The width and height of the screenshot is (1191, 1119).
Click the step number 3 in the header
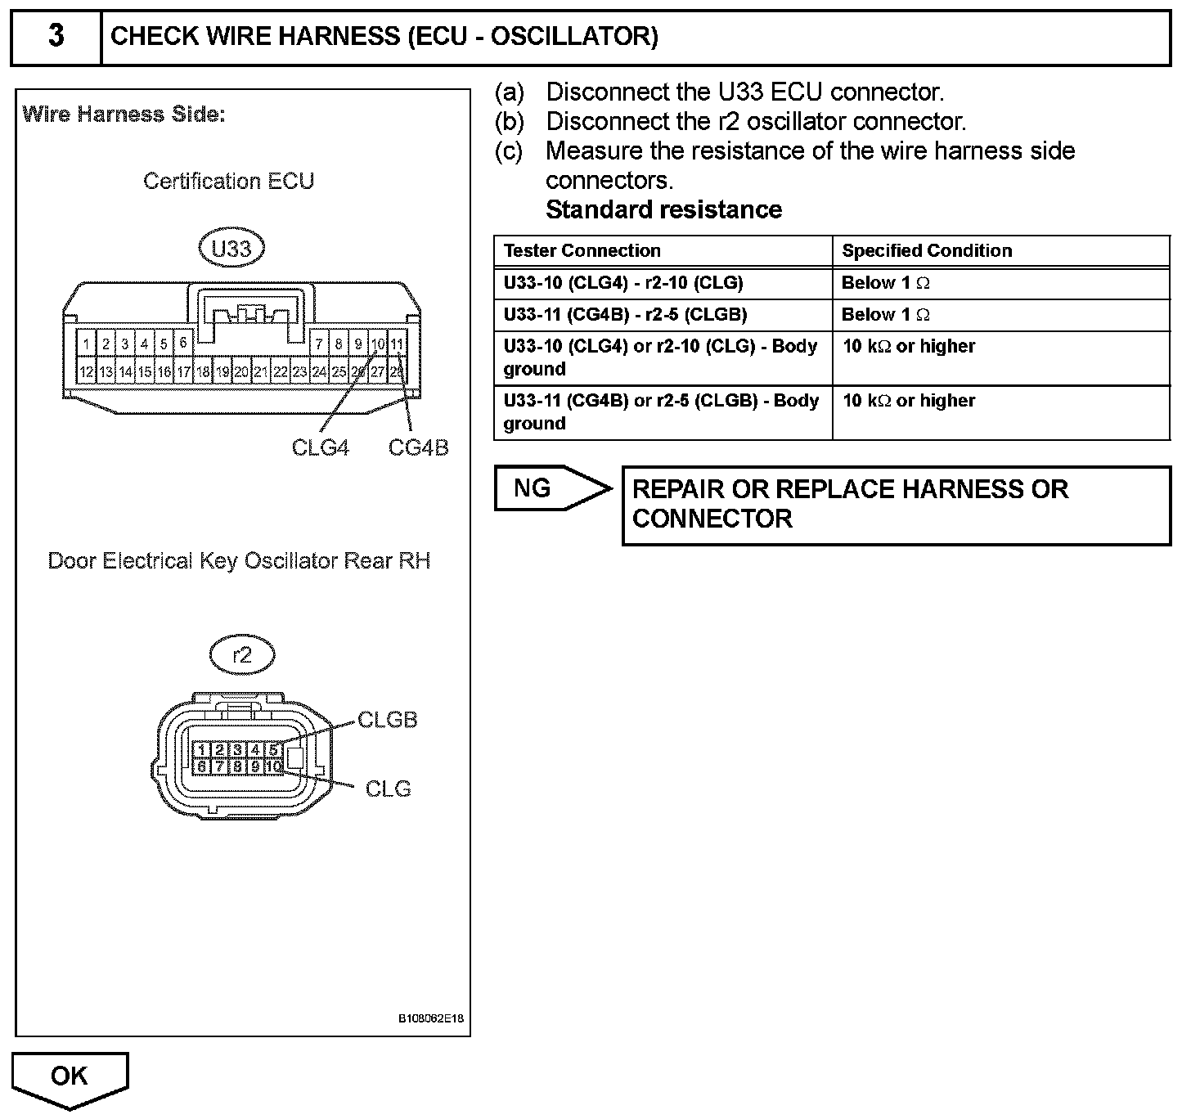(56, 37)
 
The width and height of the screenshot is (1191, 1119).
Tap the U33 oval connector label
(231, 248)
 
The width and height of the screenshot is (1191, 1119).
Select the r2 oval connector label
(242, 654)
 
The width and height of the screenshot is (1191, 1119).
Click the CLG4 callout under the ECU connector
(320, 447)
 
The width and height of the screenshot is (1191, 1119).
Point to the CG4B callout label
(418, 447)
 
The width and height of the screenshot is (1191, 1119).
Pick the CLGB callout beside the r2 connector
(388, 720)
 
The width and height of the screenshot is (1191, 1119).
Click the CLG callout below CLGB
(388, 789)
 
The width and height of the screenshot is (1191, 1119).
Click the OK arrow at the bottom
(70, 1077)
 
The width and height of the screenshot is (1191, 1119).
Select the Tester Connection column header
(582, 250)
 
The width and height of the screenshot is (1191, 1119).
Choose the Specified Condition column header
(927, 250)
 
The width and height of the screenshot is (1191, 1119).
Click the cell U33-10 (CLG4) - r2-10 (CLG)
(623, 283)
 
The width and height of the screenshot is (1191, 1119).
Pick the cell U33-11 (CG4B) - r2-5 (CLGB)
(625, 315)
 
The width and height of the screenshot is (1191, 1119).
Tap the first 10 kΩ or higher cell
(909, 346)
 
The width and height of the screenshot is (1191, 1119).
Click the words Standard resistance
(663, 209)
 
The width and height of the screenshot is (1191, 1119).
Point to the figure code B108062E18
(431, 1018)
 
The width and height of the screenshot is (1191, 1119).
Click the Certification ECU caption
(228, 181)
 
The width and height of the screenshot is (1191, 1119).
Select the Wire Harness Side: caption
(124, 115)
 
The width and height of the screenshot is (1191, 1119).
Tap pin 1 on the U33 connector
(86, 344)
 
